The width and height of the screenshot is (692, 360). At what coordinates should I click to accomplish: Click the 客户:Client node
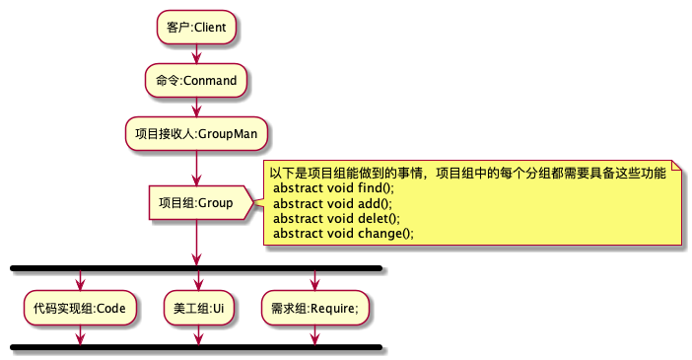(196, 27)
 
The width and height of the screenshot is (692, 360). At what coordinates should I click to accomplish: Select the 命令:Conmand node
(196, 80)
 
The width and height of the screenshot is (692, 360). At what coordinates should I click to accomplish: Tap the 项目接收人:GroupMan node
(196, 132)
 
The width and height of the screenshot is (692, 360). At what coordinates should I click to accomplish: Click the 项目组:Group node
(196, 203)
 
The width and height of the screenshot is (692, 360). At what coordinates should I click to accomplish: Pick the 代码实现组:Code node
(79, 308)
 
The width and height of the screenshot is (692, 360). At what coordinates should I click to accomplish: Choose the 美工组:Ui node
(197, 308)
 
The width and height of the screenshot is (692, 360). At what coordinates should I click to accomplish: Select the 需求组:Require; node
(314, 308)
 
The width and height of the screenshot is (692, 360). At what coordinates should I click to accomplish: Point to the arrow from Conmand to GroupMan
(196, 107)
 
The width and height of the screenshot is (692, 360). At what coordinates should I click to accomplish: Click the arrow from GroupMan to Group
(196, 166)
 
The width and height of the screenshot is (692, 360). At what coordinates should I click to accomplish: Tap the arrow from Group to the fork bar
(196, 242)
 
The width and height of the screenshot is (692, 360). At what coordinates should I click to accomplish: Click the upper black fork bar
(195, 267)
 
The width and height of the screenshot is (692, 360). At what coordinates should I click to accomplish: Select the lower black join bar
(195, 347)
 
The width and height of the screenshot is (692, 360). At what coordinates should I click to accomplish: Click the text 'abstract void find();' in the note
(332, 187)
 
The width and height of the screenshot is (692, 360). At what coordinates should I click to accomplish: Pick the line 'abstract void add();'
(330, 203)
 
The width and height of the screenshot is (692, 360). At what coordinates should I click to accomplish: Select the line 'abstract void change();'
(342, 233)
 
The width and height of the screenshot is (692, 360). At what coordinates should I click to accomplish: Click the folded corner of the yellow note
(676, 166)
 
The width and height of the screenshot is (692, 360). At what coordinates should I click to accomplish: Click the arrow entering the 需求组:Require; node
(314, 281)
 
